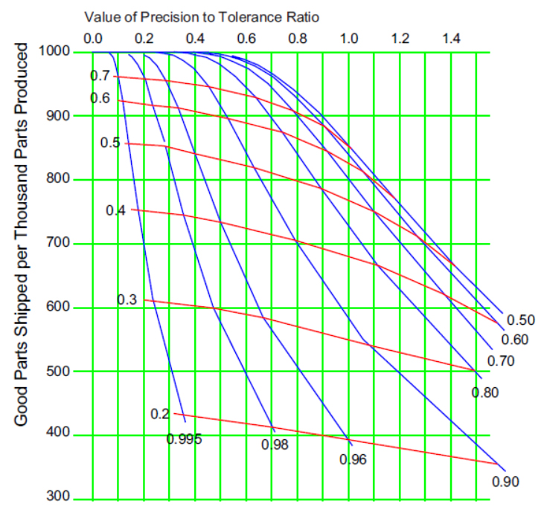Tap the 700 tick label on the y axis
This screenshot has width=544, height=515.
coord(60,244)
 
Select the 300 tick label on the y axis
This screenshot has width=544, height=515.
coord(60,498)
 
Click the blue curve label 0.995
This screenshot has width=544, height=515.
coord(184,439)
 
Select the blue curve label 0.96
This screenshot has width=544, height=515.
coord(353,459)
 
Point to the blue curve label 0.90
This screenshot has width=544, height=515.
coord(505,481)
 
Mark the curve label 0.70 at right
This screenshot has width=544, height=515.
coord(502,361)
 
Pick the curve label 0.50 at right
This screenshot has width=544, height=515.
coord(521,320)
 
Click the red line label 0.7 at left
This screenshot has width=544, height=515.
coord(100,76)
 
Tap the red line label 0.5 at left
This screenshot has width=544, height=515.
coord(110,143)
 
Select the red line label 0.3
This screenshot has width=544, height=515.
coord(127,299)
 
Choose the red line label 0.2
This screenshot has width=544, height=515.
coord(160,414)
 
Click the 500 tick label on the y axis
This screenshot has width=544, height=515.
coord(60,372)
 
